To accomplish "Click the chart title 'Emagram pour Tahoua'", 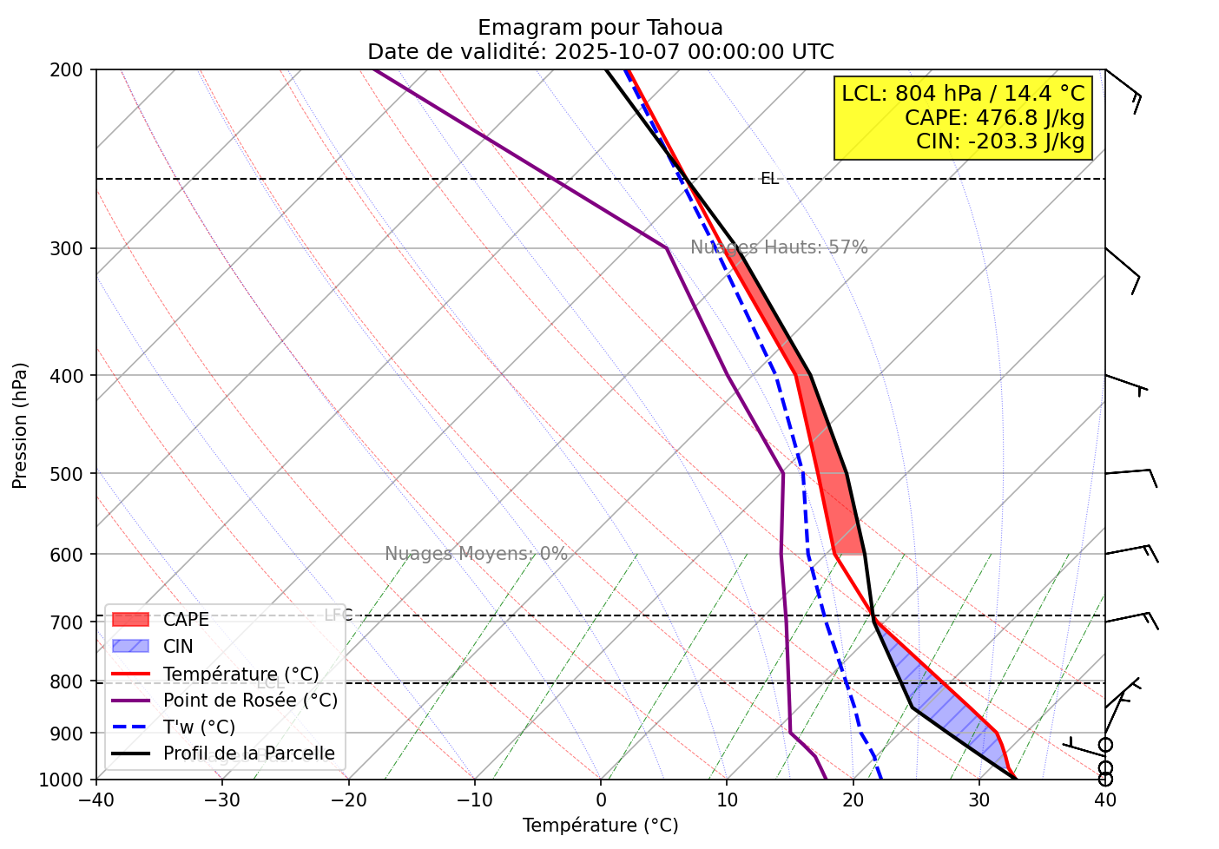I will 600,28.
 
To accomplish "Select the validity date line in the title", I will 600,51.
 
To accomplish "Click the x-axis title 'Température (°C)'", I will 600,826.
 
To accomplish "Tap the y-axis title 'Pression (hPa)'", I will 20,425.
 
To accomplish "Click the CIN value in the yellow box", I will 1000,141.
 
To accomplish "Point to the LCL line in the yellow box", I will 963,93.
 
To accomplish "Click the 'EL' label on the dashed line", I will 769,179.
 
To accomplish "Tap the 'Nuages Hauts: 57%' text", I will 779,247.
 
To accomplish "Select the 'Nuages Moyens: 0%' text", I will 476,554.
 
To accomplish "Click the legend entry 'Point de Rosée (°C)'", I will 250,701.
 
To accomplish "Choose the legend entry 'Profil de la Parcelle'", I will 248,754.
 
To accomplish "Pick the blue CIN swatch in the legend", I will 130,647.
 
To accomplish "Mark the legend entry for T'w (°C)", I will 199,727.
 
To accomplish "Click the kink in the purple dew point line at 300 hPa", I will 667,248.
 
